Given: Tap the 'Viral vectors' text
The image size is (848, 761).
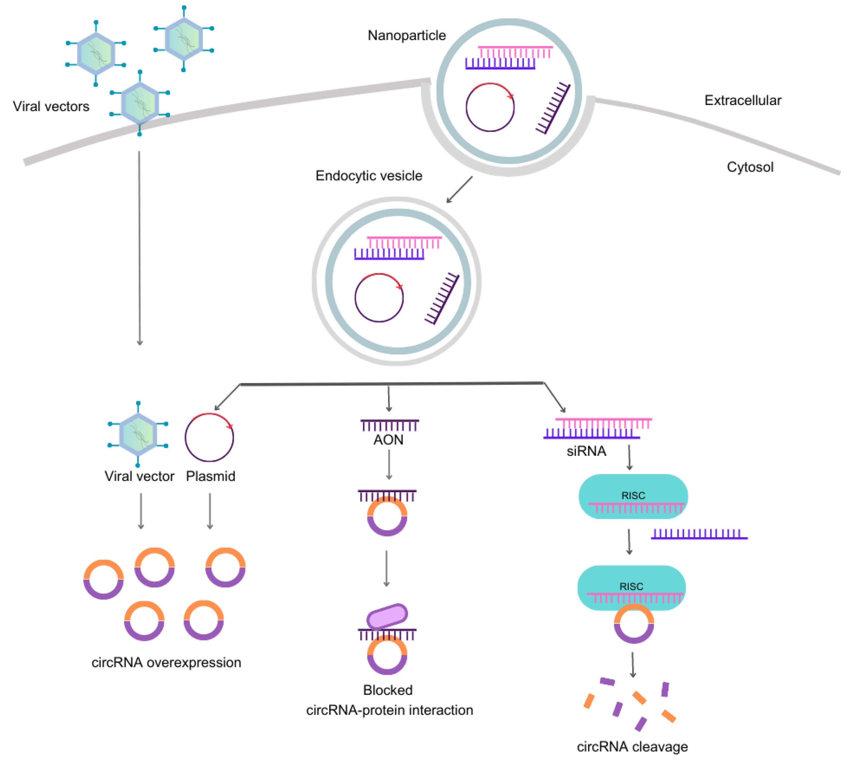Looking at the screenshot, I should tap(51, 107).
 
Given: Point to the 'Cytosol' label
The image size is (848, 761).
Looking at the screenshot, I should tap(750, 167).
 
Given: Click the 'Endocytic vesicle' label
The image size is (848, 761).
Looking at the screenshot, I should tap(369, 176).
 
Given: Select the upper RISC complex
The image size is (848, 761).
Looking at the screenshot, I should tap(633, 496).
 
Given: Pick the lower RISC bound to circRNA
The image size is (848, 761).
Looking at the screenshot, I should tap(631, 587).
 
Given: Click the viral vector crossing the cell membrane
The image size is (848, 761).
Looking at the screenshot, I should tap(140, 103).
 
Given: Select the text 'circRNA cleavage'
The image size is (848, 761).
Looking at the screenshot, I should tap(632, 747).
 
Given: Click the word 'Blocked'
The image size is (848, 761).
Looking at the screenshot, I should tap(388, 690).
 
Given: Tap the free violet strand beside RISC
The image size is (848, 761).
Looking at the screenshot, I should tap(699, 535).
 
